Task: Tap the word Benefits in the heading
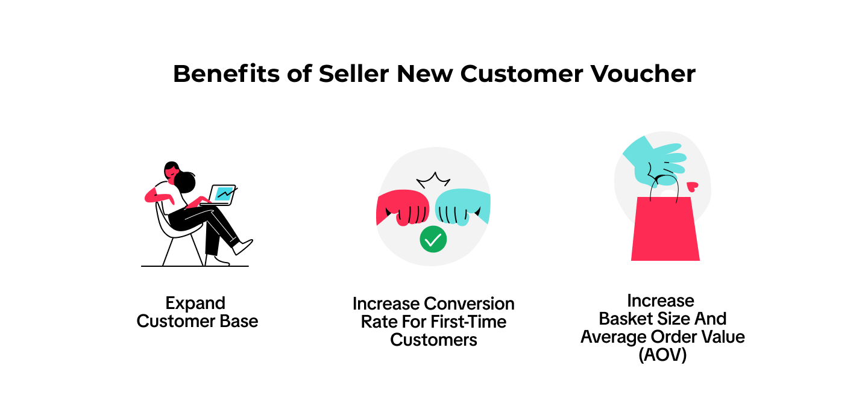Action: (226, 73)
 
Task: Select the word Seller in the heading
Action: (354, 73)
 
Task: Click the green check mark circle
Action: (433, 239)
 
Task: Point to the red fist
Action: (403, 207)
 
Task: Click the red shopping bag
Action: (665, 228)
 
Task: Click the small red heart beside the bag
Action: (693, 187)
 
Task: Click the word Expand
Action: (195, 304)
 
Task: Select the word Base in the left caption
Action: (239, 321)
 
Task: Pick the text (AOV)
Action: (662, 355)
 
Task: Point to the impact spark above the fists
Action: (433, 180)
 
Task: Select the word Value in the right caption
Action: (723, 337)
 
